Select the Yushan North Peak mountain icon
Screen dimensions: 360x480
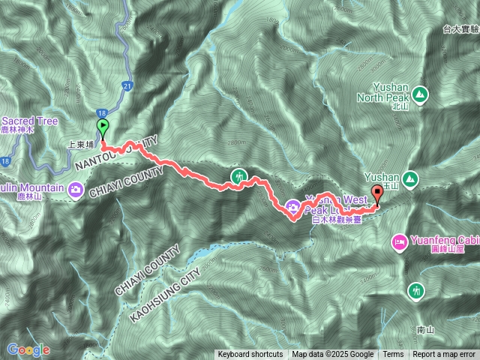[419, 94]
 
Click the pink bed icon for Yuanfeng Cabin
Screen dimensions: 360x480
[399, 243]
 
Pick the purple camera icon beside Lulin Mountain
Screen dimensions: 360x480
[76, 190]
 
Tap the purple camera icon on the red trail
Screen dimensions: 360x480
[292, 205]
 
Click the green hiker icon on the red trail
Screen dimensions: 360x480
[238, 178]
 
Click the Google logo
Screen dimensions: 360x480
[28, 349]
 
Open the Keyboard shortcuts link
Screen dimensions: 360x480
[250, 355]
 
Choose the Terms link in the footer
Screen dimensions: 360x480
[393, 355]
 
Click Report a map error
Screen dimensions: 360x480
[444, 355]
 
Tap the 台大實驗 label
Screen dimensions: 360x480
[460, 29]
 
